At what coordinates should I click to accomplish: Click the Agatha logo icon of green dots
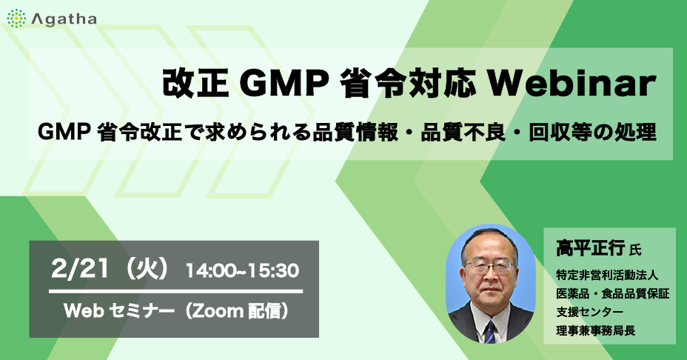[x=16, y=19]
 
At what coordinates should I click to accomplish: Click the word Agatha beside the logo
[x=64, y=19]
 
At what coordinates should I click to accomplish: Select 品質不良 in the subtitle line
[x=463, y=133]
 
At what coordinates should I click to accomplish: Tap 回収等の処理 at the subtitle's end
[x=593, y=133]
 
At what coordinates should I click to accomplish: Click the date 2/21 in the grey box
[x=80, y=269]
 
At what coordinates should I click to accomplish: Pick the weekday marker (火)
[x=147, y=269]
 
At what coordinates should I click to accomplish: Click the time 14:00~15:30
[x=242, y=270]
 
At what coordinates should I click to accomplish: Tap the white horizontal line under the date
[x=175, y=291]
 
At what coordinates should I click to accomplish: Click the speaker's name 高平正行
[x=591, y=248]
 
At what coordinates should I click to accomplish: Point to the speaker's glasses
[x=489, y=265]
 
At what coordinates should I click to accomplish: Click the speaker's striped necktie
[x=490, y=331]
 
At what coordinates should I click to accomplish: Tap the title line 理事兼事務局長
[x=596, y=330]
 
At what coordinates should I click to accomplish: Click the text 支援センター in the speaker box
[x=590, y=312]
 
